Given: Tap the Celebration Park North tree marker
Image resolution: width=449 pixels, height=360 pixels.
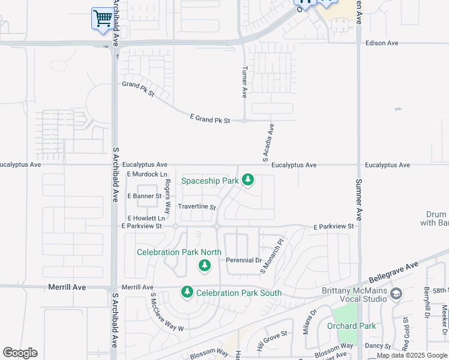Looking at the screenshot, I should [x=205, y=265].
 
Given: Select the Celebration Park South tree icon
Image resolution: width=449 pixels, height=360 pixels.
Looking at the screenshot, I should [x=187, y=292].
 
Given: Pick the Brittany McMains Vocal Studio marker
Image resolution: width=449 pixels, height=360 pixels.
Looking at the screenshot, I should [x=396, y=293].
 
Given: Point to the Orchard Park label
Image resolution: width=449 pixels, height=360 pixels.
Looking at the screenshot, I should [x=351, y=326].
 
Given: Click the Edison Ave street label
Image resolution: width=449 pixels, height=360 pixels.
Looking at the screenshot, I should [x=382, y=43].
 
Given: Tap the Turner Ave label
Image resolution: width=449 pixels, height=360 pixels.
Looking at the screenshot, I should [x=245, y=82].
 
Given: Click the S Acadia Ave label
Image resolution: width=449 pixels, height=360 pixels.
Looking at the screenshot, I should [x=268, y=143].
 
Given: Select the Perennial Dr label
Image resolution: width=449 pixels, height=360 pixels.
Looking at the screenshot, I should [x=244, y=260].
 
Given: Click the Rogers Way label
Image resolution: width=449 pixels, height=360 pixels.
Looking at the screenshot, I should [x=167, y=197].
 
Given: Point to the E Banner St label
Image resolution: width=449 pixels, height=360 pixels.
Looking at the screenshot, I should [x=145, y=196].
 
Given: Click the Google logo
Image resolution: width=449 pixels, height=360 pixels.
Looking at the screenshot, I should [x=20, y=353].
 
